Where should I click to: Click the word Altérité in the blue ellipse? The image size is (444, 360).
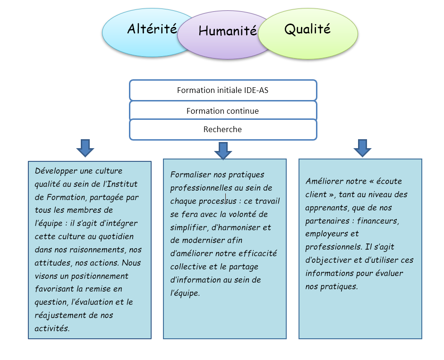click(x=152, y=29)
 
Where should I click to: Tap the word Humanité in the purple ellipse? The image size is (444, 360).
click(x=228, y=31)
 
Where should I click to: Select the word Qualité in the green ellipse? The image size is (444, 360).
click(x=307, y=29)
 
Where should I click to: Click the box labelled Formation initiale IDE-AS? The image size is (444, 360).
click(x=223, y=90)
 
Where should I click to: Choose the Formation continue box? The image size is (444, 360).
click(x=223, y=110)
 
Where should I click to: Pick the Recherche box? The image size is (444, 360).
click(x=223, y=130)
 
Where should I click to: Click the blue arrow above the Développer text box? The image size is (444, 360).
click(x=85, y=148)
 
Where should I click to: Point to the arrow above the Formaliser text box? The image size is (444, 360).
click(x=223, y=151)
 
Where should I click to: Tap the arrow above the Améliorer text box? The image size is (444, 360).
click(x=362, y=148)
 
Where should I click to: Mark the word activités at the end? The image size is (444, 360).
click(x=52, y=328)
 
